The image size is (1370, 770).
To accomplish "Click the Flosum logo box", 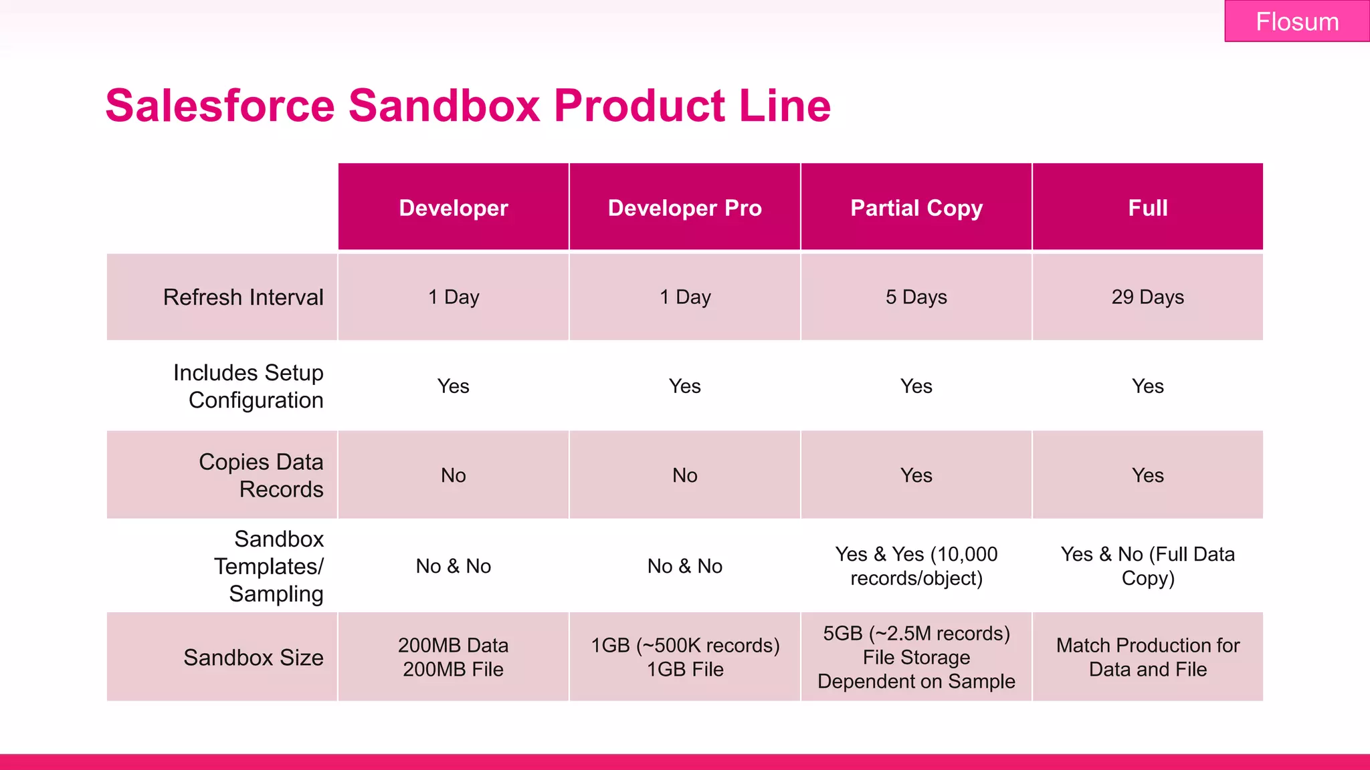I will coord(1296,21).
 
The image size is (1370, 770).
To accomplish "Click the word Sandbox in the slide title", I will coord(444,106).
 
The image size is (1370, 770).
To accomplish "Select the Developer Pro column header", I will coord(684,208).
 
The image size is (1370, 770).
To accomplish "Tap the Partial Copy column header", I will coord(916,208).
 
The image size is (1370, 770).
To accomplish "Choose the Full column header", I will coord(1147,208).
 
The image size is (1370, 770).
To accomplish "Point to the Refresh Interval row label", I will coord(243,297).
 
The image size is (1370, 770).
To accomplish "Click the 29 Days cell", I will coord(1147,297).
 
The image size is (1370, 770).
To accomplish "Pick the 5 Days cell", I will coord(916,297).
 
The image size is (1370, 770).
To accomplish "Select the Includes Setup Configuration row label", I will coord(248,386).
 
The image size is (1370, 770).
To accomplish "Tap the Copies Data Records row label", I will coord(261,475).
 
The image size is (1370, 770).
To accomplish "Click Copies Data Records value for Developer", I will coord(453,475).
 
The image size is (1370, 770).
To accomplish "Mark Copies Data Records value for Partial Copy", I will coord(916,475).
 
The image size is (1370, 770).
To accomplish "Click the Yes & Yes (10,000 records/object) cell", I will coord(916,566).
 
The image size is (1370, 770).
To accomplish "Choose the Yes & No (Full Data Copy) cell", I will coord(1147,566).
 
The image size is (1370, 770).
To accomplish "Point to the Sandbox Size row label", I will coord(254,658).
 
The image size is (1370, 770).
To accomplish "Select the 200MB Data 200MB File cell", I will coord(453,657).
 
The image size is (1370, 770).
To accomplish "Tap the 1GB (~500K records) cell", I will coord(684,657).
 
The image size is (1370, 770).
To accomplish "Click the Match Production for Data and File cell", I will coord(1147,657).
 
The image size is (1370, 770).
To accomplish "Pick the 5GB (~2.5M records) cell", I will coord(916,657).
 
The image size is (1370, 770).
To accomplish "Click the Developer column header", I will coord(453,208).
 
